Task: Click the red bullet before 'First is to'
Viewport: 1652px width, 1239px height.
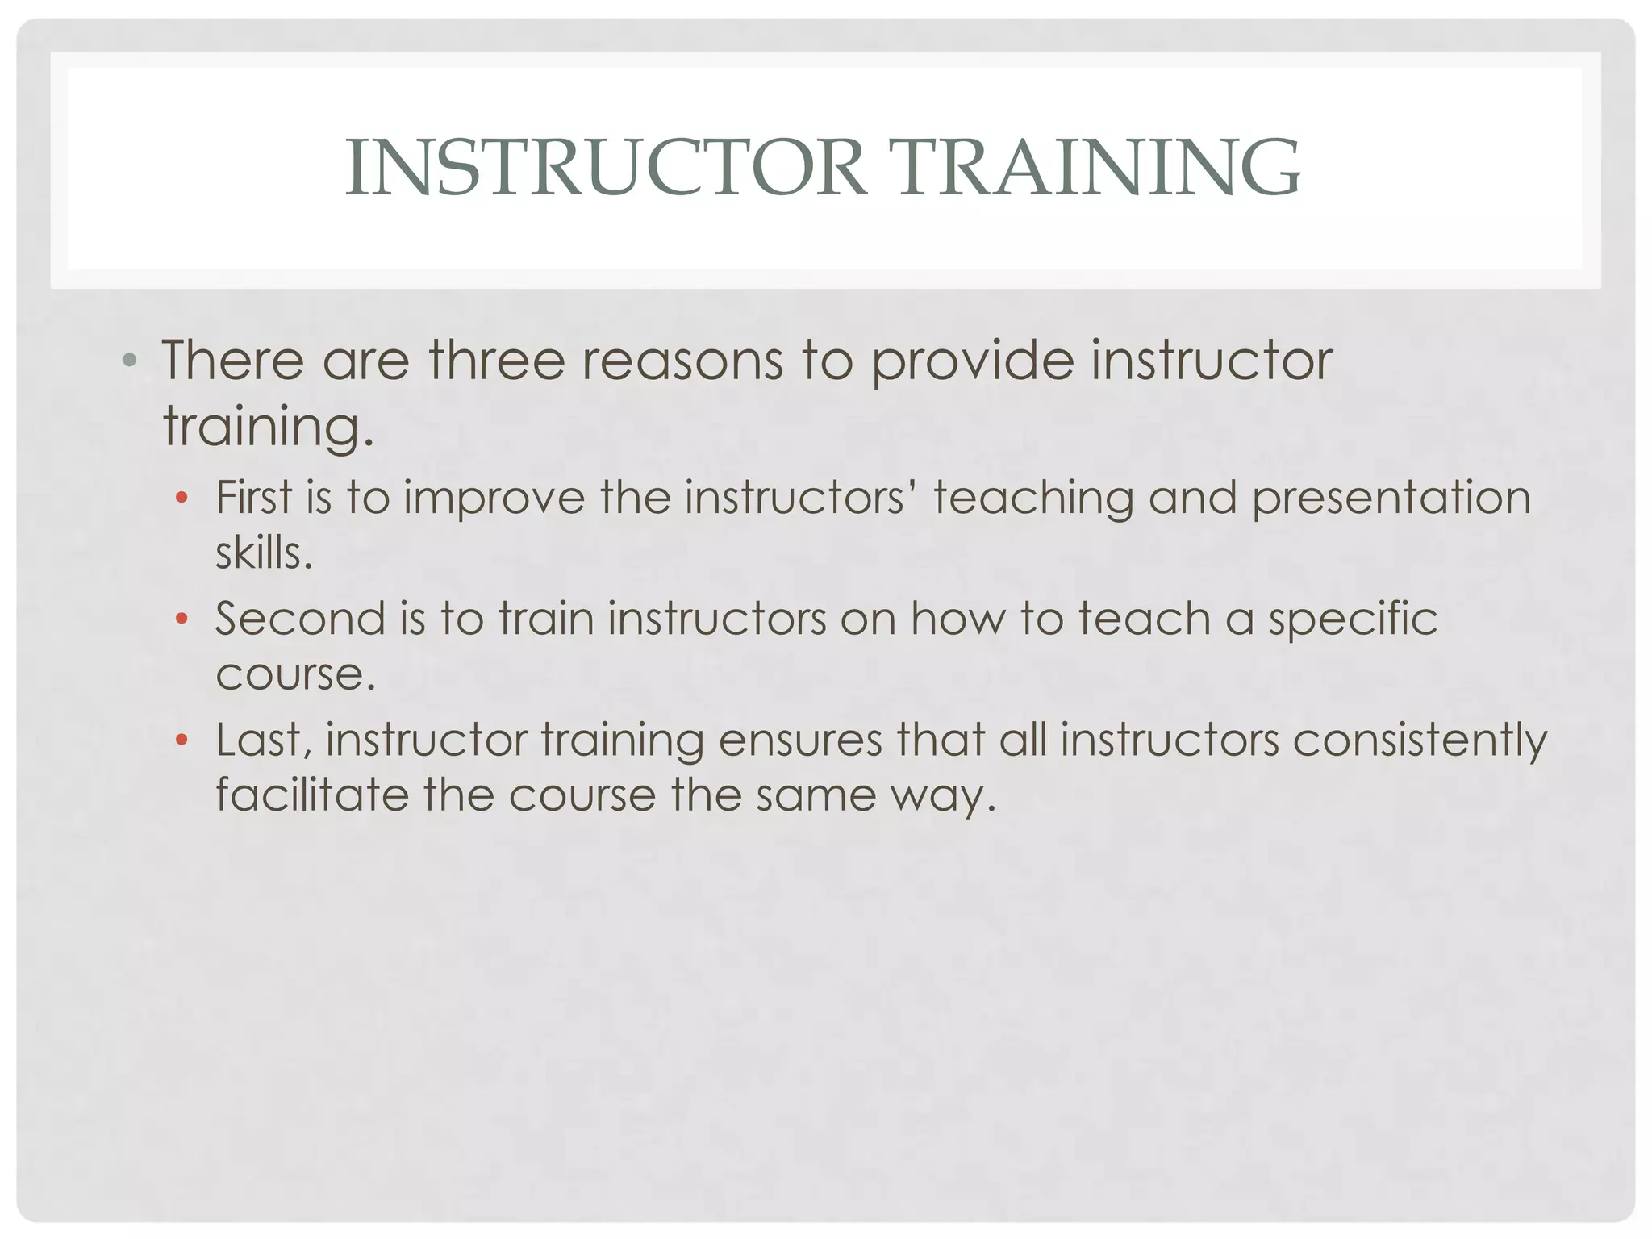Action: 182,498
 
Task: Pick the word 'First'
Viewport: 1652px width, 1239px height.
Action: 253,497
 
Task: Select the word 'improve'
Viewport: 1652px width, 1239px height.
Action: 494,499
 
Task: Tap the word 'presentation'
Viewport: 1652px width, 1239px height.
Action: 1391,499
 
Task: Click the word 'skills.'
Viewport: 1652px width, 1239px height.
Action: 264,553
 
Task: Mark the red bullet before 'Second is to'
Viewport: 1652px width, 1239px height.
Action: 182,619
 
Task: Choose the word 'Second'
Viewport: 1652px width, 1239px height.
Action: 300,619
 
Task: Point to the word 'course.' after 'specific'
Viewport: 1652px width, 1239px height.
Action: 295,675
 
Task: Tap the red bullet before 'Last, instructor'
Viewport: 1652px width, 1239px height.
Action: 182,740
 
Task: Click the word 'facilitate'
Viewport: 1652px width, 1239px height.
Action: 312,795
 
